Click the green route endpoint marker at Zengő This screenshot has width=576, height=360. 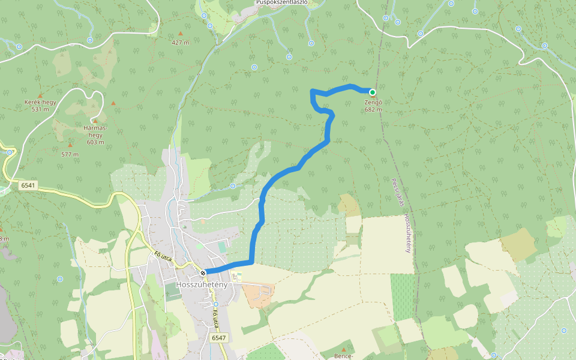(x=373, y=92)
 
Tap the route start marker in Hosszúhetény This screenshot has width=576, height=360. (x=203, y=273)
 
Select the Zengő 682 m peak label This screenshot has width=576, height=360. (x=373, y=106)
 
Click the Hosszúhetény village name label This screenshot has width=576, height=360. (x=202, y=284)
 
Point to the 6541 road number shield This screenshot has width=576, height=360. (x=28, y=185)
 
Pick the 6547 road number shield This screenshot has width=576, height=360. (x=218, y=338)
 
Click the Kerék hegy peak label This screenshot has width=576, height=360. (x=40, y=106)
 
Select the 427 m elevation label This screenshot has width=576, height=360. (x=180, y=43)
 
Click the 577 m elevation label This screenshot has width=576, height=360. (x=70, y=154)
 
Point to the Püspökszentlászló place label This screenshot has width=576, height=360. (x=282, y=2)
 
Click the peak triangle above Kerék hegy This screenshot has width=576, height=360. (x=40, y=95)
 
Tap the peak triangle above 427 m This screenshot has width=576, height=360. (x=180, y=34)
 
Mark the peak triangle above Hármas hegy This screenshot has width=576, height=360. (x=95, y=121)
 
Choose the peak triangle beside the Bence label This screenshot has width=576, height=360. (x=344, y=349)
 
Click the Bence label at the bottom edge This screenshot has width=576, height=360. (x=343, y=356)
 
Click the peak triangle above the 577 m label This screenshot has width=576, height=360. (x=70, y=145)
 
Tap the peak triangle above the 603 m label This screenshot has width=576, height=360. (x=95, y=121)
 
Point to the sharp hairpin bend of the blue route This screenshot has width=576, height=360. (x=312, y=91)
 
